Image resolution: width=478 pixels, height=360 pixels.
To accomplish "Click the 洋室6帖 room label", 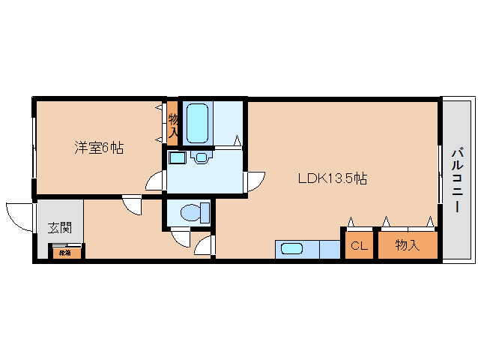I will pos(98,148).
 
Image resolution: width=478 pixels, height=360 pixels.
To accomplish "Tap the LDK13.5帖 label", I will pos(332,178).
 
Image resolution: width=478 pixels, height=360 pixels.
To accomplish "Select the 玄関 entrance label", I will pos(60,228).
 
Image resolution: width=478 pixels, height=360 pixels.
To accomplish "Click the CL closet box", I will pos(360,246).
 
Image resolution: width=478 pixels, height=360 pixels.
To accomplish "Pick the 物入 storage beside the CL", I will pos(407,245).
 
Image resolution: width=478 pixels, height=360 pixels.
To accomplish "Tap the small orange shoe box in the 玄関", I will pos(65,253).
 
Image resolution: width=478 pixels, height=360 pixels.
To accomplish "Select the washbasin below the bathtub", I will pos(201,158).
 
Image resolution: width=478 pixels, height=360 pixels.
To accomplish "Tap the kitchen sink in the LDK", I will pos(291,249).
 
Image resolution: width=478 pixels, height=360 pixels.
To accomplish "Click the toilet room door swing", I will pos(181,238).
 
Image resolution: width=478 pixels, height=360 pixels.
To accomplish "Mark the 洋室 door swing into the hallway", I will pos(132,205).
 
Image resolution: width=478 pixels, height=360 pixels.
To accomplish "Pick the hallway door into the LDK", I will pos(204,246).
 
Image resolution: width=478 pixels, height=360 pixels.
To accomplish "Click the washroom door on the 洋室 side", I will pos(155,182).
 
